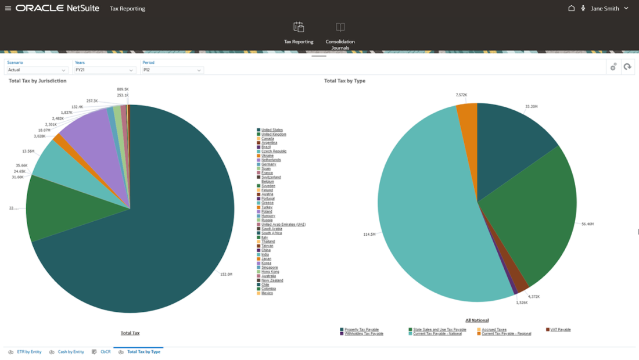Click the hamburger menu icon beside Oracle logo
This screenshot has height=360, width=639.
pos(8,9)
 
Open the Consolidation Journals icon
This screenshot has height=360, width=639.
pos(340,27)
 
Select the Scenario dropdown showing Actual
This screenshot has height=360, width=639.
pos(38,70)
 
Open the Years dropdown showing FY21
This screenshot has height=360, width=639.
pos(105,70)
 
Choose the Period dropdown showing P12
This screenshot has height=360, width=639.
pos(172,70)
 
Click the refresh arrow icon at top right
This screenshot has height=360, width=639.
pos(627,67)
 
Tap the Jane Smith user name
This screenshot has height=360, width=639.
pos(605,9)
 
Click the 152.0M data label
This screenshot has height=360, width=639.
pos(225,274)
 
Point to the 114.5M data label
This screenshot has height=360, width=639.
pos(369,235)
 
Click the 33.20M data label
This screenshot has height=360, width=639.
pos(531,107)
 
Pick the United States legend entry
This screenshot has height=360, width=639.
pos(272,130)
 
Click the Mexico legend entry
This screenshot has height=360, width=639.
pos(267,293)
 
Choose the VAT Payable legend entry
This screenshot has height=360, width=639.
pos(560,330)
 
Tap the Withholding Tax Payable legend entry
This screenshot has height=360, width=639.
pos(364,334)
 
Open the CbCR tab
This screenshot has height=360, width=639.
pos(105,352)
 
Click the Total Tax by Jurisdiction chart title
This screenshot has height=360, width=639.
pos(37,81)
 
